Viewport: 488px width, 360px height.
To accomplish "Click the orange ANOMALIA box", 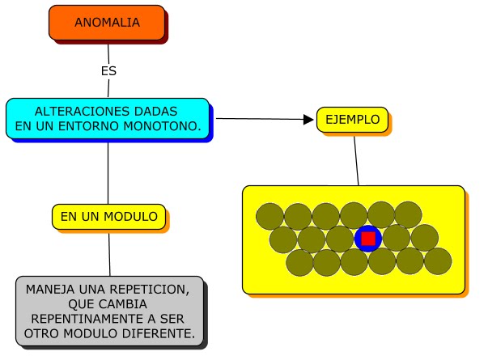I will [x=107, y=23].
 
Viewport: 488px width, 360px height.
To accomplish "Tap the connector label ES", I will [x=108, y=71].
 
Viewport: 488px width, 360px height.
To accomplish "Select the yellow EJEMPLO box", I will [x=352, y=120].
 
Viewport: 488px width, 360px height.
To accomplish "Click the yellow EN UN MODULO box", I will [x=109, y=217].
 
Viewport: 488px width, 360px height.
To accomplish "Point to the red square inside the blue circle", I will [x=368, y=239].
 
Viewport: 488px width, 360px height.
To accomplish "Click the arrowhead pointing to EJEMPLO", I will [x=308, y=120].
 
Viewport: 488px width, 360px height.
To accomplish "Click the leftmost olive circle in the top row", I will [x=270, y=216].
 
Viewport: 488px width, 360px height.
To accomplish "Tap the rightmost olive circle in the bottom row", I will [x=438, y=261].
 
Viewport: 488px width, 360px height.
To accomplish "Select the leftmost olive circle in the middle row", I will [x=283, y=239].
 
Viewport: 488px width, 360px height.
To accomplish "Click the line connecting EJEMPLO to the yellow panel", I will [x=356, y=159].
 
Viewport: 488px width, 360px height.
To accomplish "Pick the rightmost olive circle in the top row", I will [x=408, y=215].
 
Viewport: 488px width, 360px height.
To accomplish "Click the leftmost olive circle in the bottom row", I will [x=299, y=262].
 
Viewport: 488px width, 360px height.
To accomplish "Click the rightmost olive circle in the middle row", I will [x=424, y=238].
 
